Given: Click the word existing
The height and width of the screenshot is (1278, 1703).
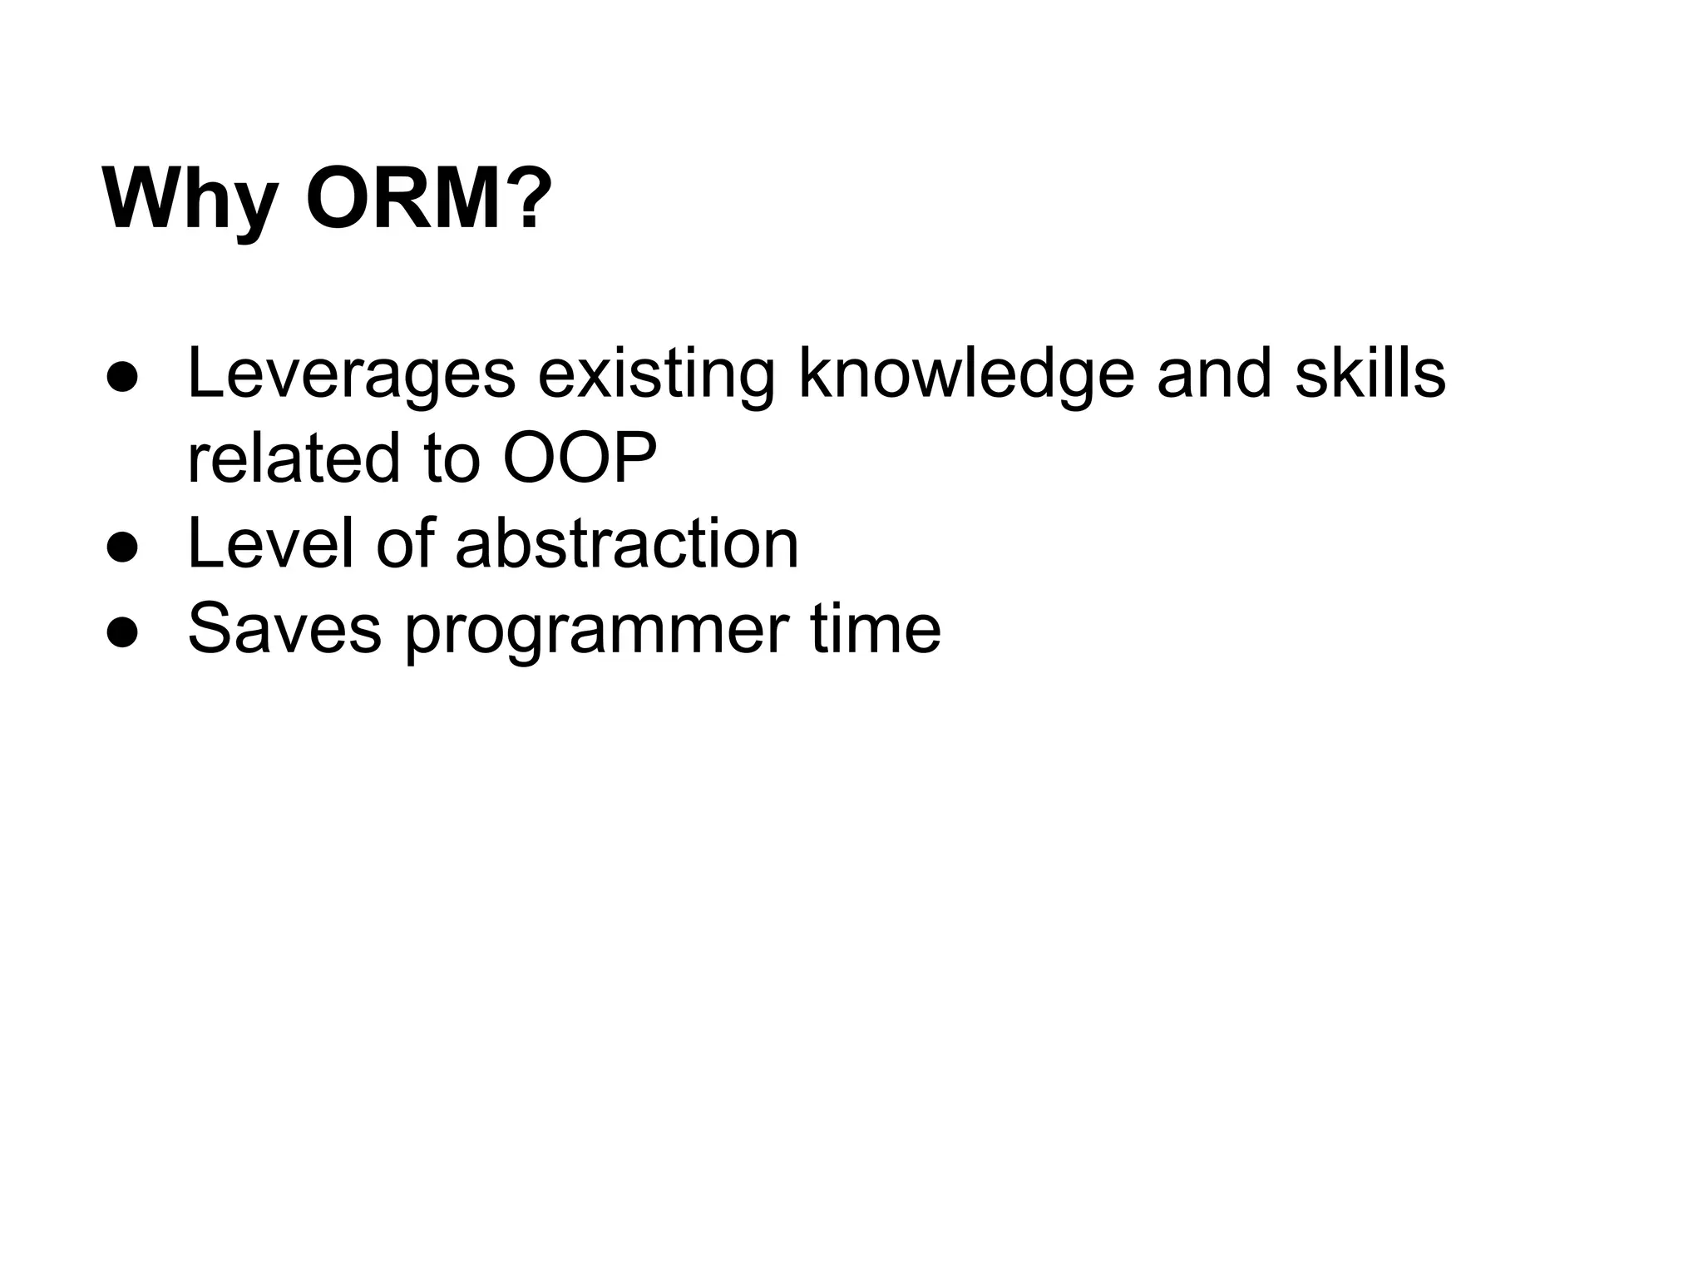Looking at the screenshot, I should pyautogui.click(x=656, y=374).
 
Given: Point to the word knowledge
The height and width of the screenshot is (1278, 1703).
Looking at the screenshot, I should pyautogui.click(x=966, y=374).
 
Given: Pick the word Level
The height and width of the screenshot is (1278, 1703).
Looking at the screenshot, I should pyautogui.click(x=273, y=543).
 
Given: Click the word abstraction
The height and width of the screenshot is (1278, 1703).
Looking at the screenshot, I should pyautogui.click(x=626, y=543).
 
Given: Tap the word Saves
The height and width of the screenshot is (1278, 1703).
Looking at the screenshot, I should pyautogui.click(x=284, y=628).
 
